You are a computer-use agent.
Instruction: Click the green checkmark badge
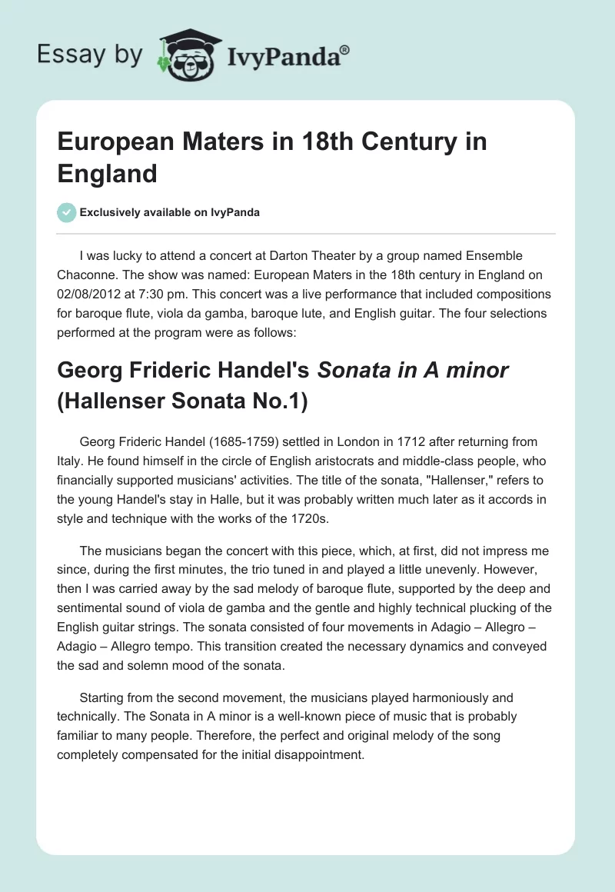click(66, 212)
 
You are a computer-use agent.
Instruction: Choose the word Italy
click(71, 461)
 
